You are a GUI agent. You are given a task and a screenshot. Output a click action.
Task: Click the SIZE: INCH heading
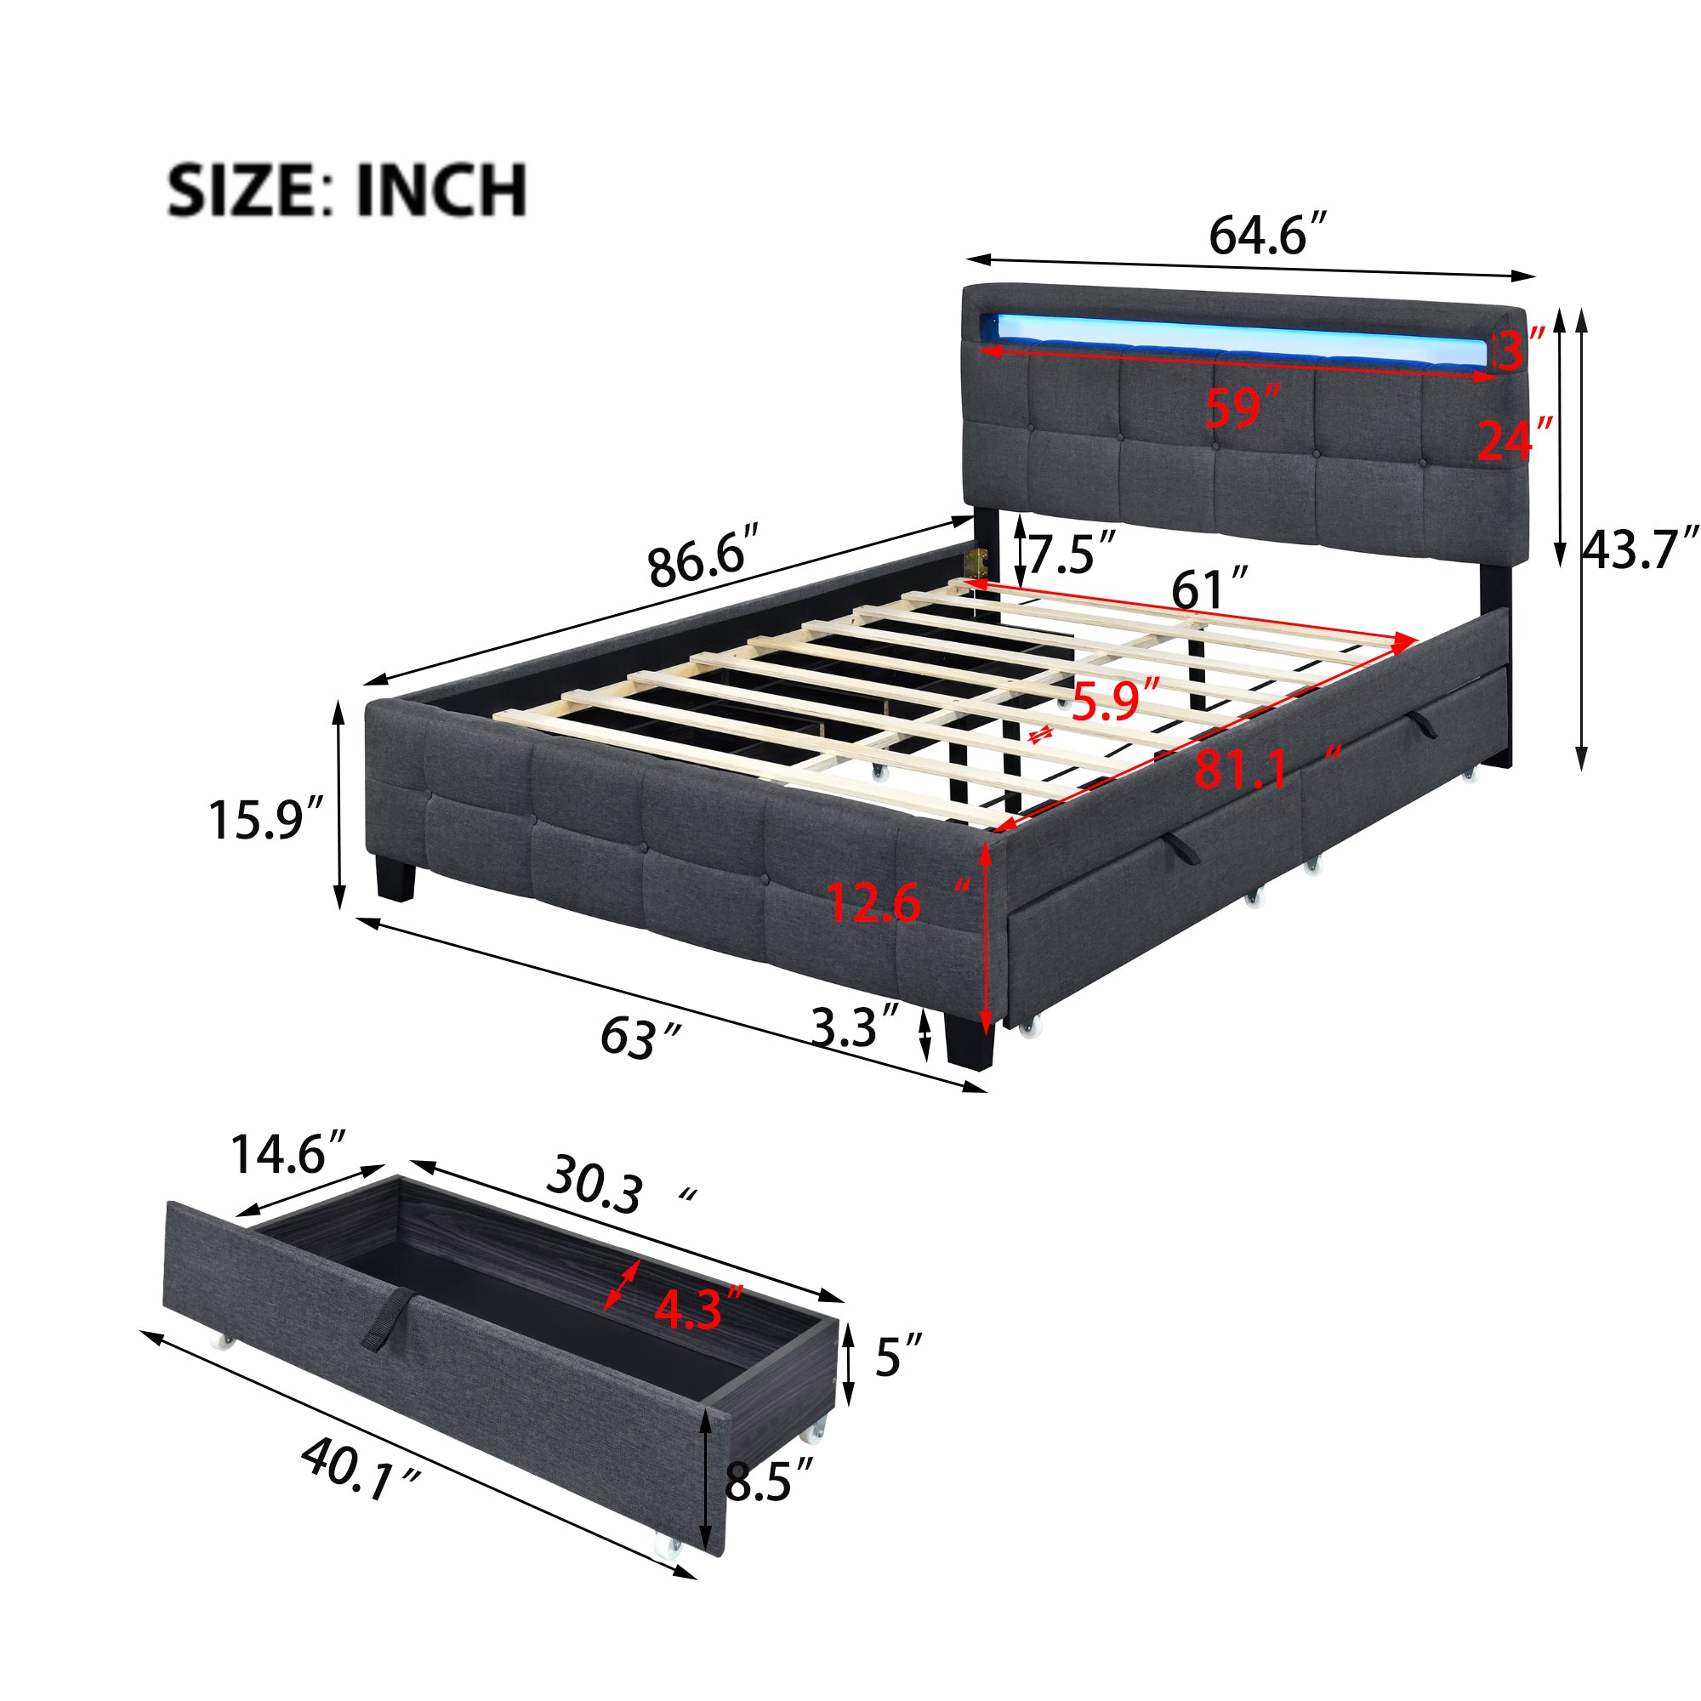(x=348, y=190)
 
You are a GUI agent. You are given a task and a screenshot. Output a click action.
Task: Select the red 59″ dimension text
(x=1242, y=408)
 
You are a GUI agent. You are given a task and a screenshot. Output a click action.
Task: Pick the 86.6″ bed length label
(x=703, y=555)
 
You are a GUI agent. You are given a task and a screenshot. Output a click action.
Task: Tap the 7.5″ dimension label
(x=1072, y=554)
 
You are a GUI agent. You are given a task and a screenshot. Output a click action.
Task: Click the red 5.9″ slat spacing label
(x=1115, y=701)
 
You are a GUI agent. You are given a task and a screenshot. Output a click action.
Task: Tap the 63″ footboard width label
(x=640, y=1037)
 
